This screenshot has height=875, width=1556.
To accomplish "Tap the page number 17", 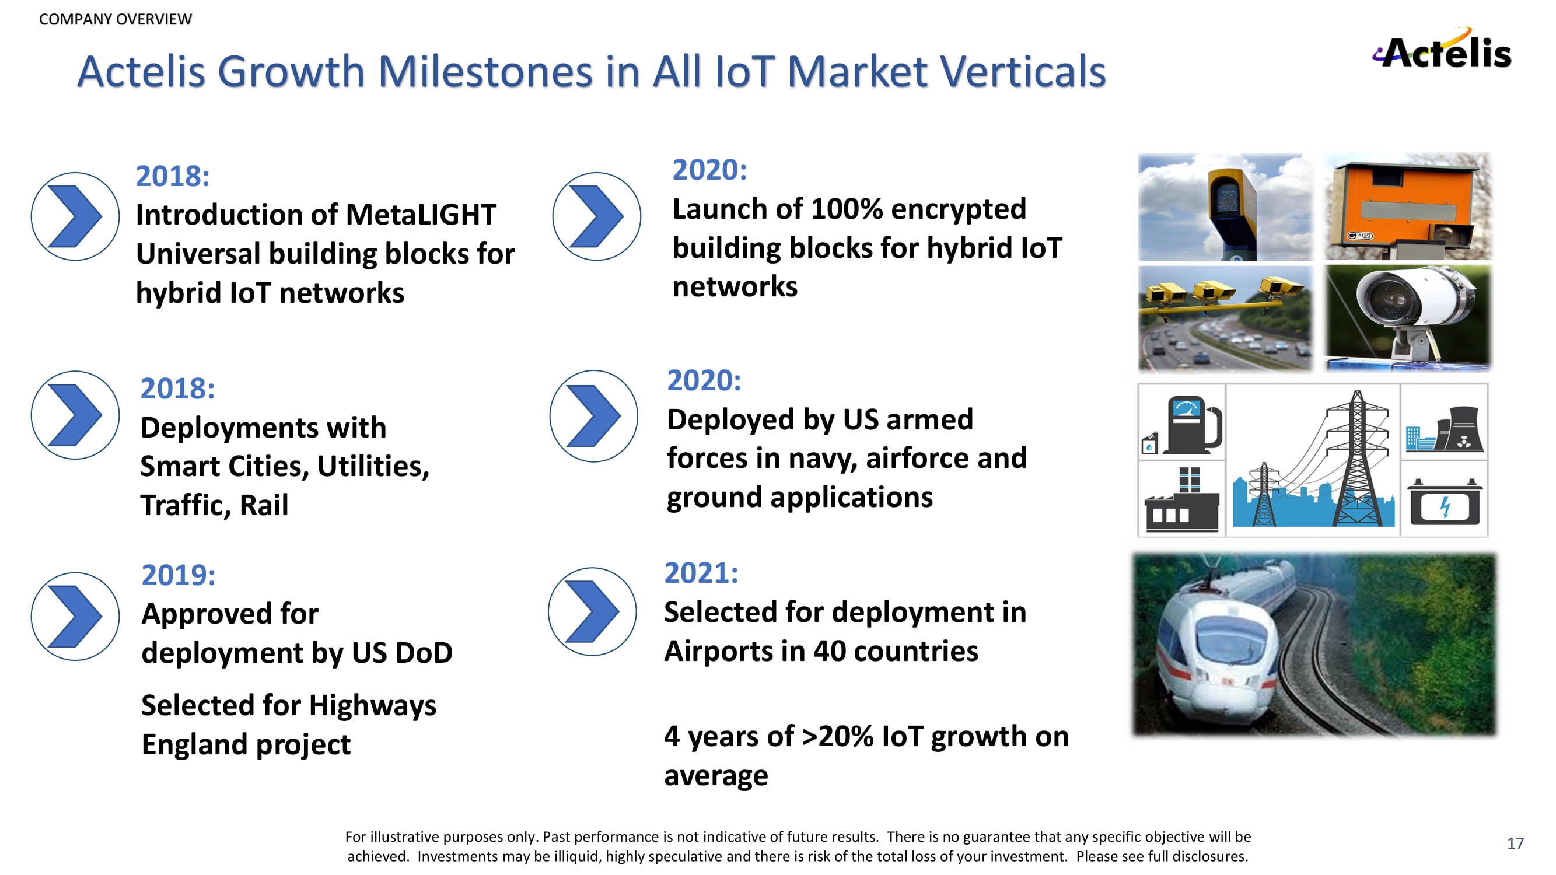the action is [1515, 843].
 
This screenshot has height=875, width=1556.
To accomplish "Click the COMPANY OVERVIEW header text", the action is [116, 19].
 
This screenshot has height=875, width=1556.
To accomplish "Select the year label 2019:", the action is [178, 575].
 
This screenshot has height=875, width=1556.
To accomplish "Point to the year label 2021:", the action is [701, 572].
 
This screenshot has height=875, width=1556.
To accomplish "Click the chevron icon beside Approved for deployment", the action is [75, 617].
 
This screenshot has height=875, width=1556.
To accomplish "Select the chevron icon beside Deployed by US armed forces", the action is [594, 416].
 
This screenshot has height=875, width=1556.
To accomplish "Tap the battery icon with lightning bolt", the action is [1444, 502].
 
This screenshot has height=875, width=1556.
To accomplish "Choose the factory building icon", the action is [1182, 499].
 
